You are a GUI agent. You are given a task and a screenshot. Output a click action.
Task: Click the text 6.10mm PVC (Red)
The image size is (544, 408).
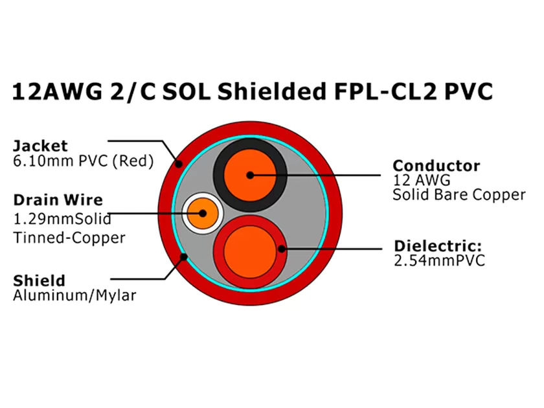84,161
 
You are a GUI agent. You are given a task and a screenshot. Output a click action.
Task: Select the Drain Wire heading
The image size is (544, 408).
58,199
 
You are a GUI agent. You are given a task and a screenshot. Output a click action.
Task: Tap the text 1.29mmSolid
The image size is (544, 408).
62,218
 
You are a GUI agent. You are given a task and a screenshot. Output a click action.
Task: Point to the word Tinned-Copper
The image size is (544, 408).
69,238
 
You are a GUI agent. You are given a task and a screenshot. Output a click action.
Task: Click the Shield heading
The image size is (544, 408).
39,280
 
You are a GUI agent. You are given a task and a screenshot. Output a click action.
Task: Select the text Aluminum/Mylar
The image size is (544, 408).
74,296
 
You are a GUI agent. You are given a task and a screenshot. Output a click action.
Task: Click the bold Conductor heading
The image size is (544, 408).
436,166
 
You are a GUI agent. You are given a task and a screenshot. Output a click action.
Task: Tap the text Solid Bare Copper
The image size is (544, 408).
459,195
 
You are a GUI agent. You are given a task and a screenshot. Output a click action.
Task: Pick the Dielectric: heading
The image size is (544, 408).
438,246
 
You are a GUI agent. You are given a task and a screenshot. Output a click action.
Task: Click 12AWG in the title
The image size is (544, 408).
58,92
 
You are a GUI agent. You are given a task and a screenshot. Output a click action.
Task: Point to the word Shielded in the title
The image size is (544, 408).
271,92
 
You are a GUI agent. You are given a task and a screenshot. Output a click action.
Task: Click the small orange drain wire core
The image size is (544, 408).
202,213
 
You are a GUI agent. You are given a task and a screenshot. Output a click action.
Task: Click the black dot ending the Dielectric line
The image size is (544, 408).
282,247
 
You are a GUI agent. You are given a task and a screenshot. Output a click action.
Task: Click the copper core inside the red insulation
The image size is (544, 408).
249,249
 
